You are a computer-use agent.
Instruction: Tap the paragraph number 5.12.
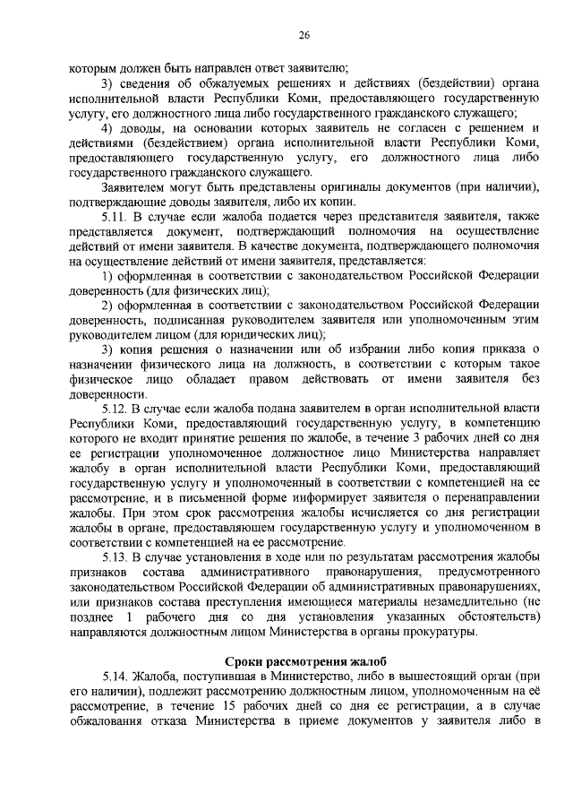[x=117, y=410]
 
